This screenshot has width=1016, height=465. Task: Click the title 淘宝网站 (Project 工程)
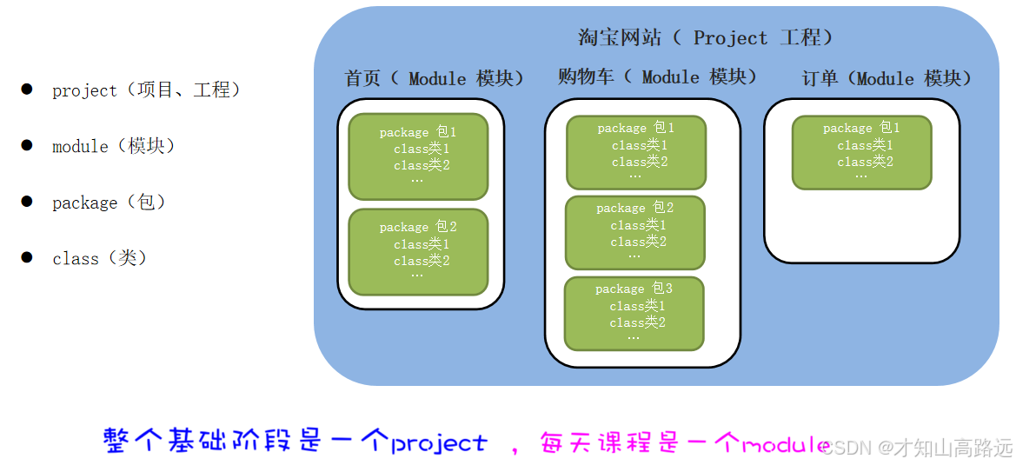point(705,38)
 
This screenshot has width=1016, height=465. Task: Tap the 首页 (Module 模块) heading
point(435,79)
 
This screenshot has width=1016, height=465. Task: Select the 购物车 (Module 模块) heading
point(657,77)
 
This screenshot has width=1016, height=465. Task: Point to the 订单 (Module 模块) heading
point(887,79)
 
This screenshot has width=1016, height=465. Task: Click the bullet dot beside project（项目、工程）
point(27,89)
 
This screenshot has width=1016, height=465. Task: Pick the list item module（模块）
point(114,146)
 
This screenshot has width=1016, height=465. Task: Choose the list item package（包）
point(109,203)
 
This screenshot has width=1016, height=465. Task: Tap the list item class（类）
point(100,258)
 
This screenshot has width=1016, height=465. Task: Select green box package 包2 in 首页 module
point(418,251)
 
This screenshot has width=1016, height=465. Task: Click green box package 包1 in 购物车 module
point(636,152)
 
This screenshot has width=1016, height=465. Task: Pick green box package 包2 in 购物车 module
point(635,232)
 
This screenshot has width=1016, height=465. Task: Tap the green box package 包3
point(634,313)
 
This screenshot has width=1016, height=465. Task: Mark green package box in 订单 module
point(861,152)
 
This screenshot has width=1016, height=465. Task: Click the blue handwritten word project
point(439,443)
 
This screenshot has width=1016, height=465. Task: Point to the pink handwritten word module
point(782,445)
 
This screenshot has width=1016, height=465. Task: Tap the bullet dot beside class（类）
point(27,257)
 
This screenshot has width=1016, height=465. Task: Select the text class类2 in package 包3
point(638,322)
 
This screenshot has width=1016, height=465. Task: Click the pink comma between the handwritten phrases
point(515,449)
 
